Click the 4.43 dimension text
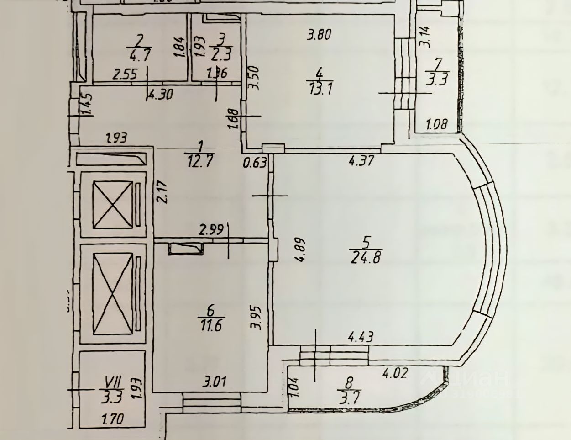[361, 337]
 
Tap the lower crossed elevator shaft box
[113, 294]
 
